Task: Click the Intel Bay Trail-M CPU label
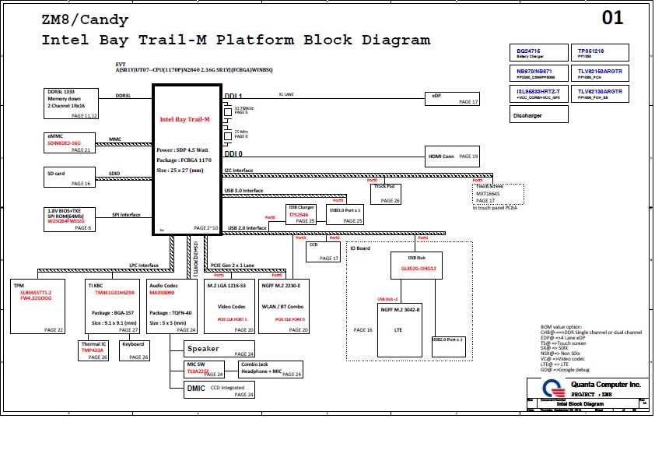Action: (x=185, y=119)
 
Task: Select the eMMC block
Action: (x=69, y=143)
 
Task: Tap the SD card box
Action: (x=69, y=178)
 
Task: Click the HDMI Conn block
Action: (x=452, y=156)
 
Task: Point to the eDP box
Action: (x=452, y=97)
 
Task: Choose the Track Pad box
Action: (x=387, y=193)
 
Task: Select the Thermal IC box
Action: (x=93, y=350)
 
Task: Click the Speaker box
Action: (x=220, y=349)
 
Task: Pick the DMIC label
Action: (x=195, y=387)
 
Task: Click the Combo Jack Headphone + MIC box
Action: (x=269, y=369)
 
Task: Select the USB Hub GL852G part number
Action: (x=419, y=268)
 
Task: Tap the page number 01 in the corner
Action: (x=613, y=19)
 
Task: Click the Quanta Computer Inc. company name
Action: (x=605, y=385)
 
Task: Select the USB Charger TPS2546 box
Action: (x=301, y=214)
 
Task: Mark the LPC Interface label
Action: (x=144, y=266)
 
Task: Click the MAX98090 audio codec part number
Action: (x=162, y=292)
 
